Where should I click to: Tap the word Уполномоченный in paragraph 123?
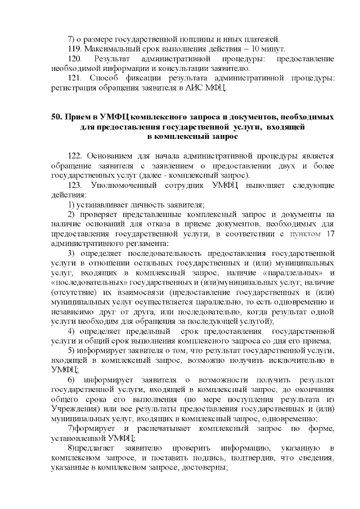coord(130,185)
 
